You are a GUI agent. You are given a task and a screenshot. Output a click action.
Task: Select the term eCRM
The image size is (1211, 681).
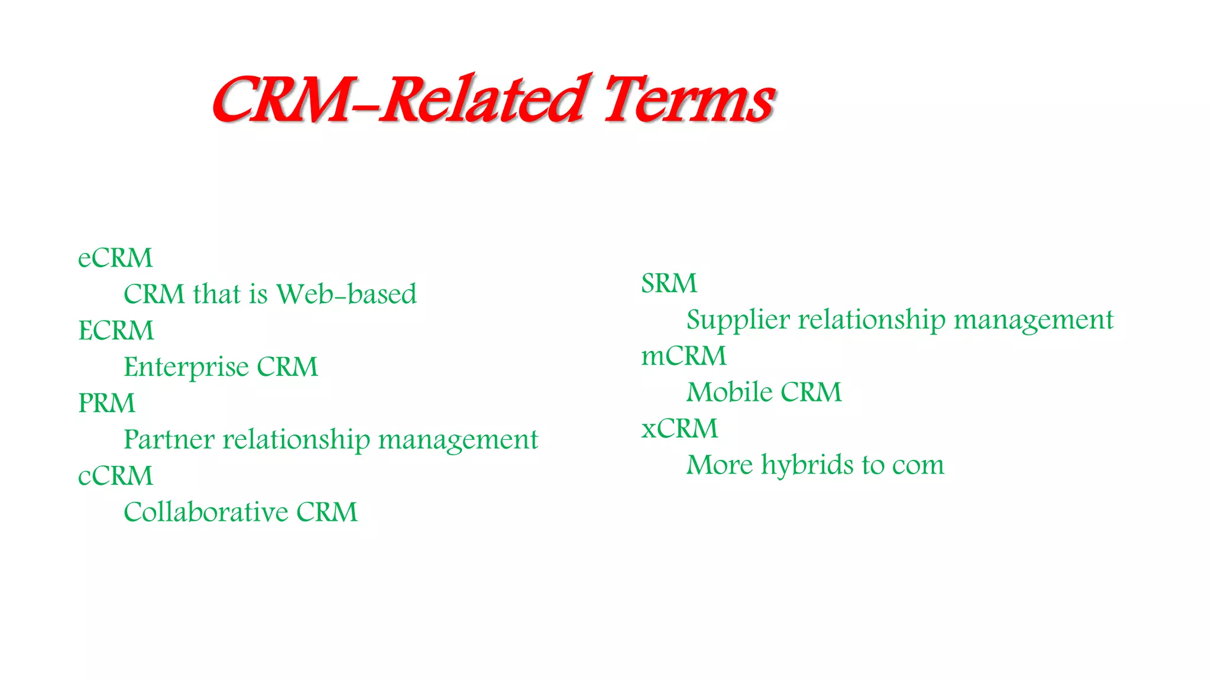115,258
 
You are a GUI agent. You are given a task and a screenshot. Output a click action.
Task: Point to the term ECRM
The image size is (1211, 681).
116,331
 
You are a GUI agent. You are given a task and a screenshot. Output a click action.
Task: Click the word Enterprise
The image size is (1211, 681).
186,367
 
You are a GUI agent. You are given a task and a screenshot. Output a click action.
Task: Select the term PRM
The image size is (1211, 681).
106,404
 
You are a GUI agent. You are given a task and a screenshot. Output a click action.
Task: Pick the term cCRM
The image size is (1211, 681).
115,476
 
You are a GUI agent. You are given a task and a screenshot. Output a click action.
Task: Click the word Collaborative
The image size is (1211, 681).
206,513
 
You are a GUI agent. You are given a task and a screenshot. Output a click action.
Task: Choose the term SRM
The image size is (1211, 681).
669,284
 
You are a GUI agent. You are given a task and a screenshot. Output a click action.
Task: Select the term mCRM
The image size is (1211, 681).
684,356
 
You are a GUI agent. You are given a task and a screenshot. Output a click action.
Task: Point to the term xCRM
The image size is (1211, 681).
679,429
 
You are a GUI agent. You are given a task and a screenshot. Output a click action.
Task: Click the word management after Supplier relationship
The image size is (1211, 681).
1034,320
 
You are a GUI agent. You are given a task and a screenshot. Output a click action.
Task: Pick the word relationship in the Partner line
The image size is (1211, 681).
296,440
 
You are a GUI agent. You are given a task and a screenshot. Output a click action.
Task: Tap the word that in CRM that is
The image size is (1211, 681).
217,294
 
